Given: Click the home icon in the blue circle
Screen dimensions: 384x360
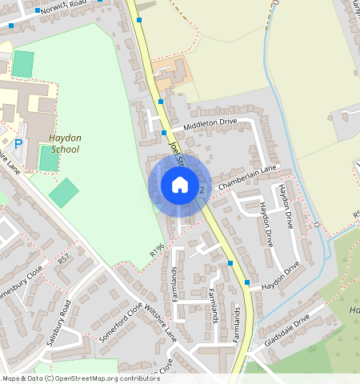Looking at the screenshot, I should click(x=180, y=186).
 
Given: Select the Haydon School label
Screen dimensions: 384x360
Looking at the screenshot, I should click(x=65, y=143).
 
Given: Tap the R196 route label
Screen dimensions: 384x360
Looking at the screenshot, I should click(x=157, y=250).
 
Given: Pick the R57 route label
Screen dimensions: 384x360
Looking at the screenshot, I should click(x=64, y=260).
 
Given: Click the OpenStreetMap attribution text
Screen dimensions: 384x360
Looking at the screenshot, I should click(x=80, y=378).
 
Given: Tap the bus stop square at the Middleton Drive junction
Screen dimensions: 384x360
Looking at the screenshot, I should click(x=164, y=132).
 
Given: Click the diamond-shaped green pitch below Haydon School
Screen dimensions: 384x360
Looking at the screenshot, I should click(x=64, y=193).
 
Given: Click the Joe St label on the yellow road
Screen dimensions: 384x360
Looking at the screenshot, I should click(x=177, y=152).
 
